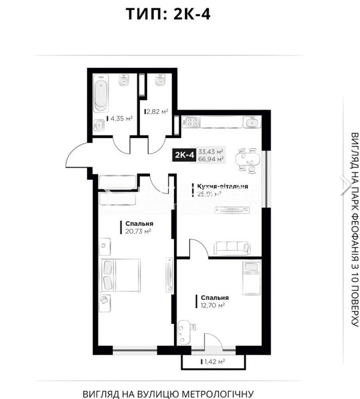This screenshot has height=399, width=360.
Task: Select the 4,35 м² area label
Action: click(120, 119)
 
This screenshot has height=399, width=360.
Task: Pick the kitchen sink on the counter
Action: click(249, 123)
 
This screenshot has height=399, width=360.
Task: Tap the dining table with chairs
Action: click(249, 159)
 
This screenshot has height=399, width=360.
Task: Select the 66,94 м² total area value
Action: click(211, 160)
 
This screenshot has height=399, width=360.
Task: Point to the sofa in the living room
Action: click(235, 247)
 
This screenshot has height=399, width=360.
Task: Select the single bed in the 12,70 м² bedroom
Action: click(251, 276)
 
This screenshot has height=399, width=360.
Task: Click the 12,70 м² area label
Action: click(212, 305)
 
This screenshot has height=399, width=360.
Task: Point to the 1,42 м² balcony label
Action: click(212, 361)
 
